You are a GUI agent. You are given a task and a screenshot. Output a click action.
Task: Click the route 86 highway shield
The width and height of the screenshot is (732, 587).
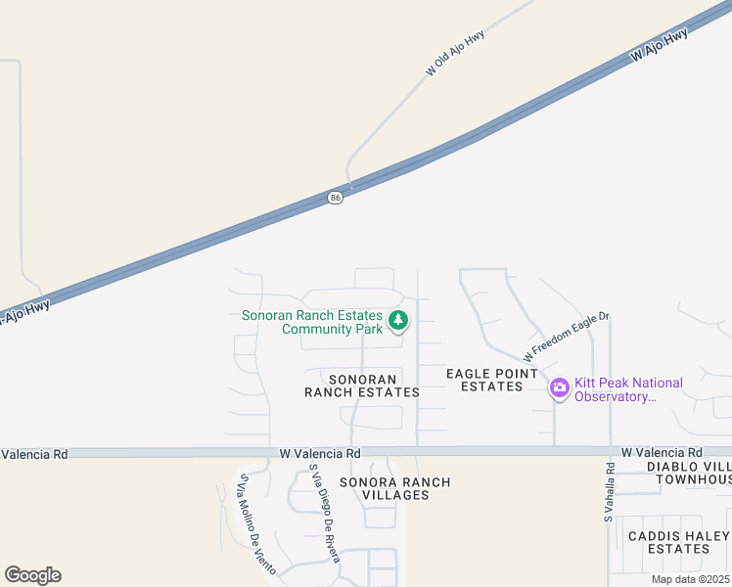pyautogui.click(x=336, y=198)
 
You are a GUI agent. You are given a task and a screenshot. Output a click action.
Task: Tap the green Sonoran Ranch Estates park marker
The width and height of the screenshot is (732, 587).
pyautogui.click(x=398, y=320)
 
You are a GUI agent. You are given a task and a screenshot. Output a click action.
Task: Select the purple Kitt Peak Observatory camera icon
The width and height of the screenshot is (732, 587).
pyautogui.click(x=560, y=388)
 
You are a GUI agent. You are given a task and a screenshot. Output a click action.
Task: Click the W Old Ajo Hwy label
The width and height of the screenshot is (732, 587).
pyautogui.click(x=455, y=53)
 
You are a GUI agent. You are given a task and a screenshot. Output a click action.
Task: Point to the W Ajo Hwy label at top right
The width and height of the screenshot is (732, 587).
pyautogui.click(x=660, y=46)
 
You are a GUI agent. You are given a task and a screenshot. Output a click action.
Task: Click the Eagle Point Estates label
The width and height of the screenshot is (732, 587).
pyautogui.click(x=491, y=380)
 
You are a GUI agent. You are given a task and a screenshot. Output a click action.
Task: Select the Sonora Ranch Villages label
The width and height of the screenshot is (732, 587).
pyautogui.click(x=395, y=488)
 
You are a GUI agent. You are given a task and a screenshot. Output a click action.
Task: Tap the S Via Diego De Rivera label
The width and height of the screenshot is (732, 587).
pyautogui.click(x=324, y=513)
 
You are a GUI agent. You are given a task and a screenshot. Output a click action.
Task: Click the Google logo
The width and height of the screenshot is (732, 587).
pyautogui.click(x=32, y=575)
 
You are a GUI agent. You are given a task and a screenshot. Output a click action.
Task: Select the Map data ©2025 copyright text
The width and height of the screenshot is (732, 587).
pyautogui.click(x=689, y=579)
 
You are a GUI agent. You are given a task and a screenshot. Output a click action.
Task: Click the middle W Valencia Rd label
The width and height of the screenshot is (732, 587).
pyautogui.click(x=320, y=454)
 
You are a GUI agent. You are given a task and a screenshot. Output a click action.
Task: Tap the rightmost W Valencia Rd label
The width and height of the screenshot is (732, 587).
pyautogui.click(x=662, y=453)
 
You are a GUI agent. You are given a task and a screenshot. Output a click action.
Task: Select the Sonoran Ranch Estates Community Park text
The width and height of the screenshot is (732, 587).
pyautogui.click(x=312, y=322)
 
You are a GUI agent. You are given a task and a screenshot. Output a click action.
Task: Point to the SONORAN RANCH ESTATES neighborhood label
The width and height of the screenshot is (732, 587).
pyautogui.click(x=362, y=385)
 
